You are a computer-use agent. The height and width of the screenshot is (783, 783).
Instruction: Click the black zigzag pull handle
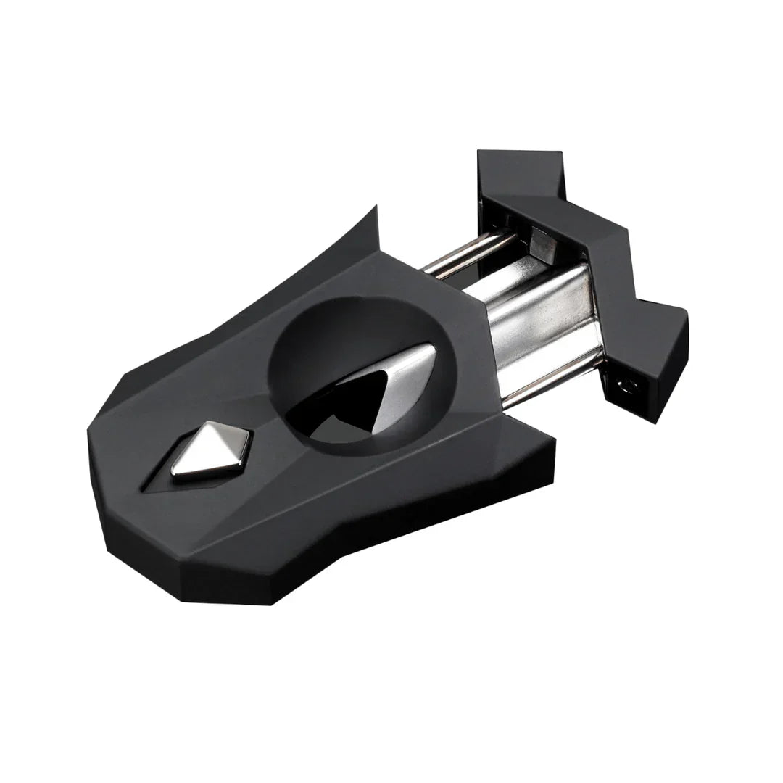[580, 246]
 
